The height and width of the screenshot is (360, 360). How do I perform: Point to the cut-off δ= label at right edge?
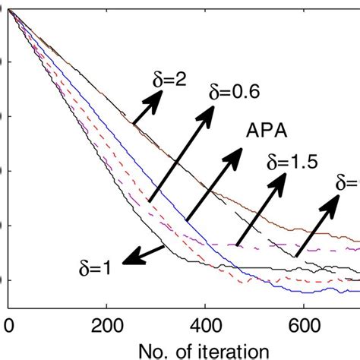(348, 182)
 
